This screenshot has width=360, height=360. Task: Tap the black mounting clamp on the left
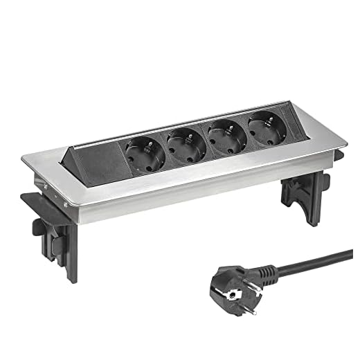(48, 215)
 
